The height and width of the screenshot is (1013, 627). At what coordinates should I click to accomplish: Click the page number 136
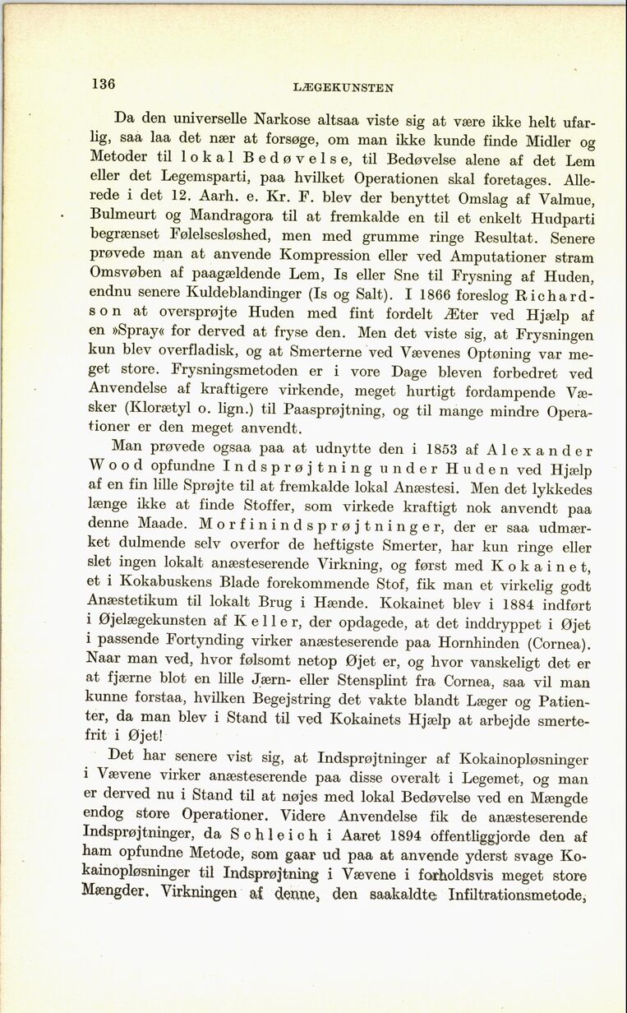tap(104, 83)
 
